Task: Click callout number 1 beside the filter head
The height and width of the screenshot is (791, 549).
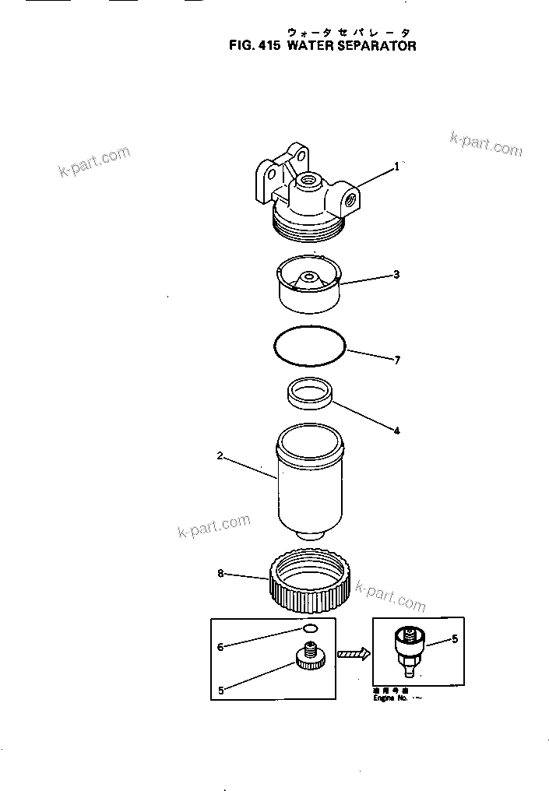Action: (x=396, y=166)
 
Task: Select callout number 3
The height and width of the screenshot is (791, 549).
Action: (x=396, y=274)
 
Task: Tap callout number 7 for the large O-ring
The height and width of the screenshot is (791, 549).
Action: (x=396, y=360)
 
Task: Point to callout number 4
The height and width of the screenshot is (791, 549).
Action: (x=396, y=430)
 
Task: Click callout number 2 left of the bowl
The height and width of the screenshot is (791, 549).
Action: (x=220, y=456)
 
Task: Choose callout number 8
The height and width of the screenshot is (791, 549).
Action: (x=220, y=574)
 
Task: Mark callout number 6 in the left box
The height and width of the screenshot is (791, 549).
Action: (x=220, y=646)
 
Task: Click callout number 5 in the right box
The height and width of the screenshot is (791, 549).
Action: (x=455, y=641)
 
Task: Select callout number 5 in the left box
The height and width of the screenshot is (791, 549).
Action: (x=220, y=690)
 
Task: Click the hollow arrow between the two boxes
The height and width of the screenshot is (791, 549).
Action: (x=353, y=655)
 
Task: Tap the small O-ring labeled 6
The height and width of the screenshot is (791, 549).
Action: (x=309, y=630)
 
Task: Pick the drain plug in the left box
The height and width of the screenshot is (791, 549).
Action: (x=311, y=656)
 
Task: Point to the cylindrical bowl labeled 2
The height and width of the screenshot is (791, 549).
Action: (x=310, y=483)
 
